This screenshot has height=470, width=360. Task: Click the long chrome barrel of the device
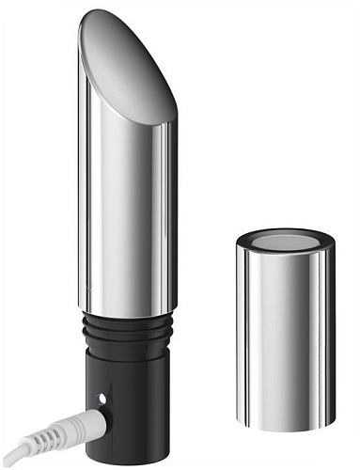coord(127,216)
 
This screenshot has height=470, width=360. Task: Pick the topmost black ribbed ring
coord(127,321)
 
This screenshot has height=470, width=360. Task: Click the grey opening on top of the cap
coord(285,240)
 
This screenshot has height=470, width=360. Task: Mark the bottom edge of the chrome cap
coord(286,428)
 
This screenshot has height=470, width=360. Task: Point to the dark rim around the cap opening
coord(285,229)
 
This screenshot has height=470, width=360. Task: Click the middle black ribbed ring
coord(127,332)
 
